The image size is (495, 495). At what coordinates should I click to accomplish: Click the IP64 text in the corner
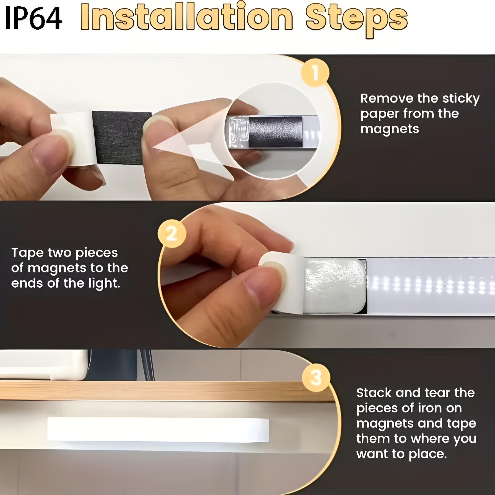(33, 18)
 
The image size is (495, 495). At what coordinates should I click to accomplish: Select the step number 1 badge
(315, 72)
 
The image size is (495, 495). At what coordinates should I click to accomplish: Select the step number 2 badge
(172, 233)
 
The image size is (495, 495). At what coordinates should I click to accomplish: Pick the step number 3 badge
(316, 378)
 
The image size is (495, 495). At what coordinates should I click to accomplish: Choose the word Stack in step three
(374, 393)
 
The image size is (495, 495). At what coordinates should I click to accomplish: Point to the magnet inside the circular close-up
(275, 132)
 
